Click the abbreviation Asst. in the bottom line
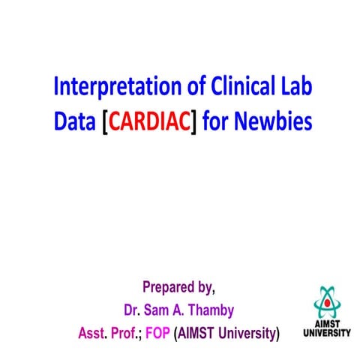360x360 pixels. [94, 331]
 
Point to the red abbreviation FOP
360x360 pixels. [158, 331]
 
